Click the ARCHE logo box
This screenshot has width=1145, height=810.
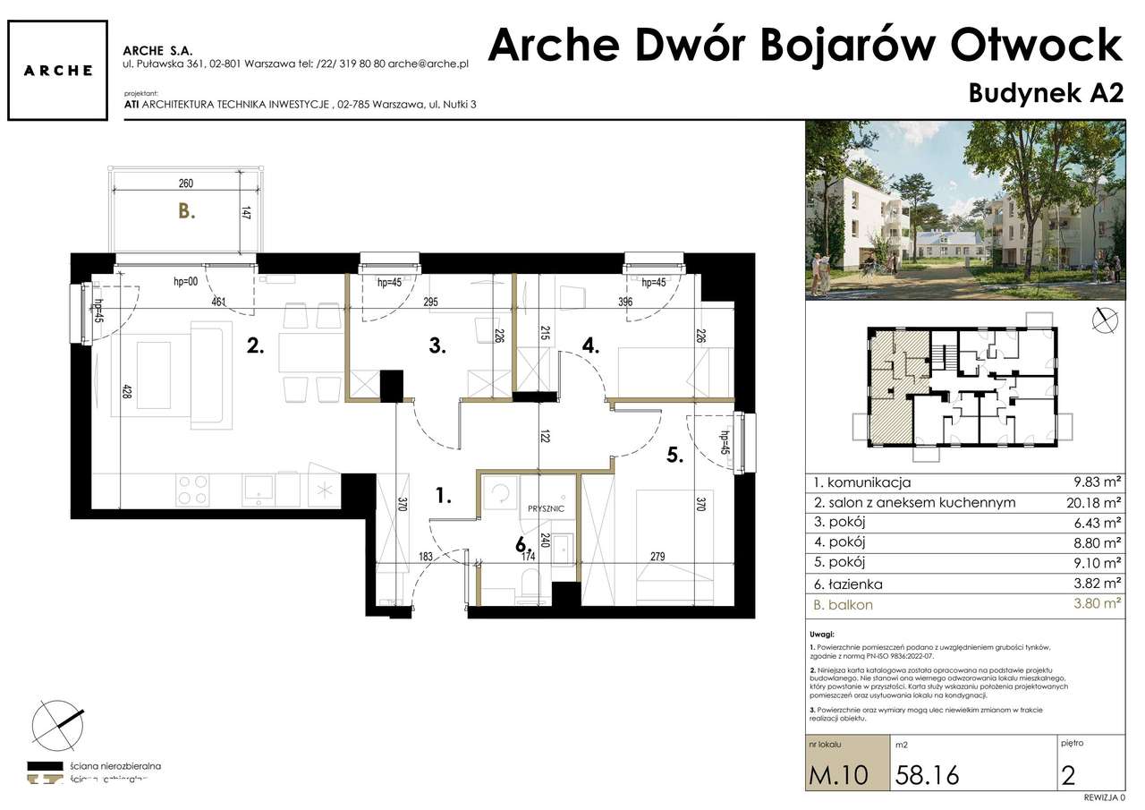tap(59, 71)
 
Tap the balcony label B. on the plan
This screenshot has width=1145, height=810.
tap(186, 212)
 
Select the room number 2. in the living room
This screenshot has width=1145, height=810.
tap(256, 346)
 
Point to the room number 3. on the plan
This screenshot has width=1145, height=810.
tap(437, 346)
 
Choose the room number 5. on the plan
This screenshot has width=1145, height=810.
tap(674, 455)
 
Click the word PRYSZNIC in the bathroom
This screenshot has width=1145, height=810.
tap(546, 507)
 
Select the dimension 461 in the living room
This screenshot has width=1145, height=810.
tap(218, 303)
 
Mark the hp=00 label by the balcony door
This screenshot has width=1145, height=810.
tap(185, 282)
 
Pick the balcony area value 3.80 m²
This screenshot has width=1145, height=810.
tap(1097, 604)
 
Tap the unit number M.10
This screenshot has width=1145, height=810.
tap(838, 774)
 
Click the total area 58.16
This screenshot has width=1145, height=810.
tap(927, 774)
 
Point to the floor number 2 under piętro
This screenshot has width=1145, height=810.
tap(1067, 774)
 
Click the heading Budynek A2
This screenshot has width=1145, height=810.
tap(1045, 94)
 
